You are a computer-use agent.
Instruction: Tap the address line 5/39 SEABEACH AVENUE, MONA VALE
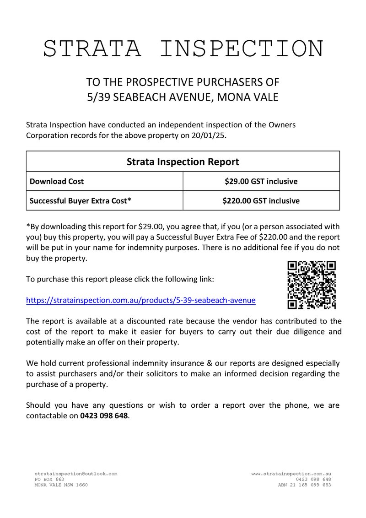pyautogui.click(x=183, y=97)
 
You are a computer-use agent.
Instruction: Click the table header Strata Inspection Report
pyautogui.click(x=183, y=162)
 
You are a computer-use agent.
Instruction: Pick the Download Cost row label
pyautogui.click(x=57, y=181)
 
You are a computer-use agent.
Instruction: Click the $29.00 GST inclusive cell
pyautogui.click(x=261, y=181)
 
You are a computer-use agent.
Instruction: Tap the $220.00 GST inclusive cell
pyautogui.click(x=261, y=200)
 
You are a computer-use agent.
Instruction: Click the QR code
pyautogui.click(x=312, y=285)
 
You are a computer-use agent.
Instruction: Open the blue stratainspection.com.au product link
pyautogui.click(x=141, y=301)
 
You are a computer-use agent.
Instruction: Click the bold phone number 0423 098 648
pyautogui.click(x=104, y=416)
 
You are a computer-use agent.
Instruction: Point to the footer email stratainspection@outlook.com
pyautogui.click(x=76, y=474)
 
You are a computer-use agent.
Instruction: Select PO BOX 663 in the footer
pyautogui.click(x=49, y=479)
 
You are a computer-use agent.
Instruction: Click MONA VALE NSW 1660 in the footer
pyautogui.click(x=61, y=485)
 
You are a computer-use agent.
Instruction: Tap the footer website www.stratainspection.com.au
pyautogui.click(x=291, y=474)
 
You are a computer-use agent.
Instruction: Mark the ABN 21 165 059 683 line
pyautogui.click(x=304, y=485)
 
